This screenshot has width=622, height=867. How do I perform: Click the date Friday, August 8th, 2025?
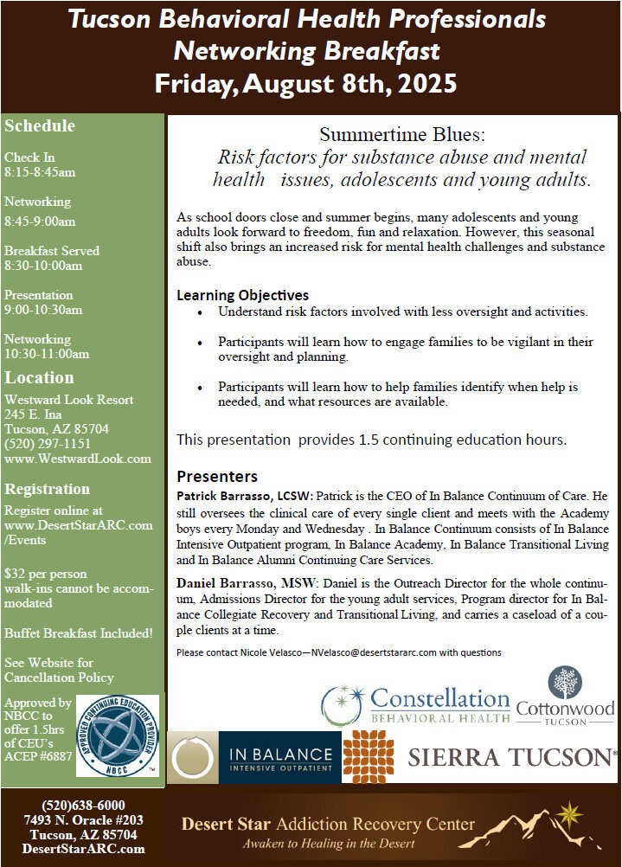pyautogui.click(x=305, y=84)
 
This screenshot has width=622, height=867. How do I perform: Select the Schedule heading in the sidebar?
pyautogui.click(x=40, y=126)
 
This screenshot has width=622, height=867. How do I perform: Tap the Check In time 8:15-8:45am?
pyautogui.click(x=40, y=172)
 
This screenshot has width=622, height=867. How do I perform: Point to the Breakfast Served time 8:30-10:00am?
pyautogui.click(x=43, y=266)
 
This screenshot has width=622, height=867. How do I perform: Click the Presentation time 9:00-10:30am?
pyautogui.click(x=43, y=310)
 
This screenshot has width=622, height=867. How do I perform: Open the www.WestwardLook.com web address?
pyautogui.click(x=78, y=459)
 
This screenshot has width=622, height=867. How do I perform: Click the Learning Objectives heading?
pyautogui.click(x=242, y=295)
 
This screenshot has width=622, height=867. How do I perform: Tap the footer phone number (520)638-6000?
pyautogui.click(x=84, y=805)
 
